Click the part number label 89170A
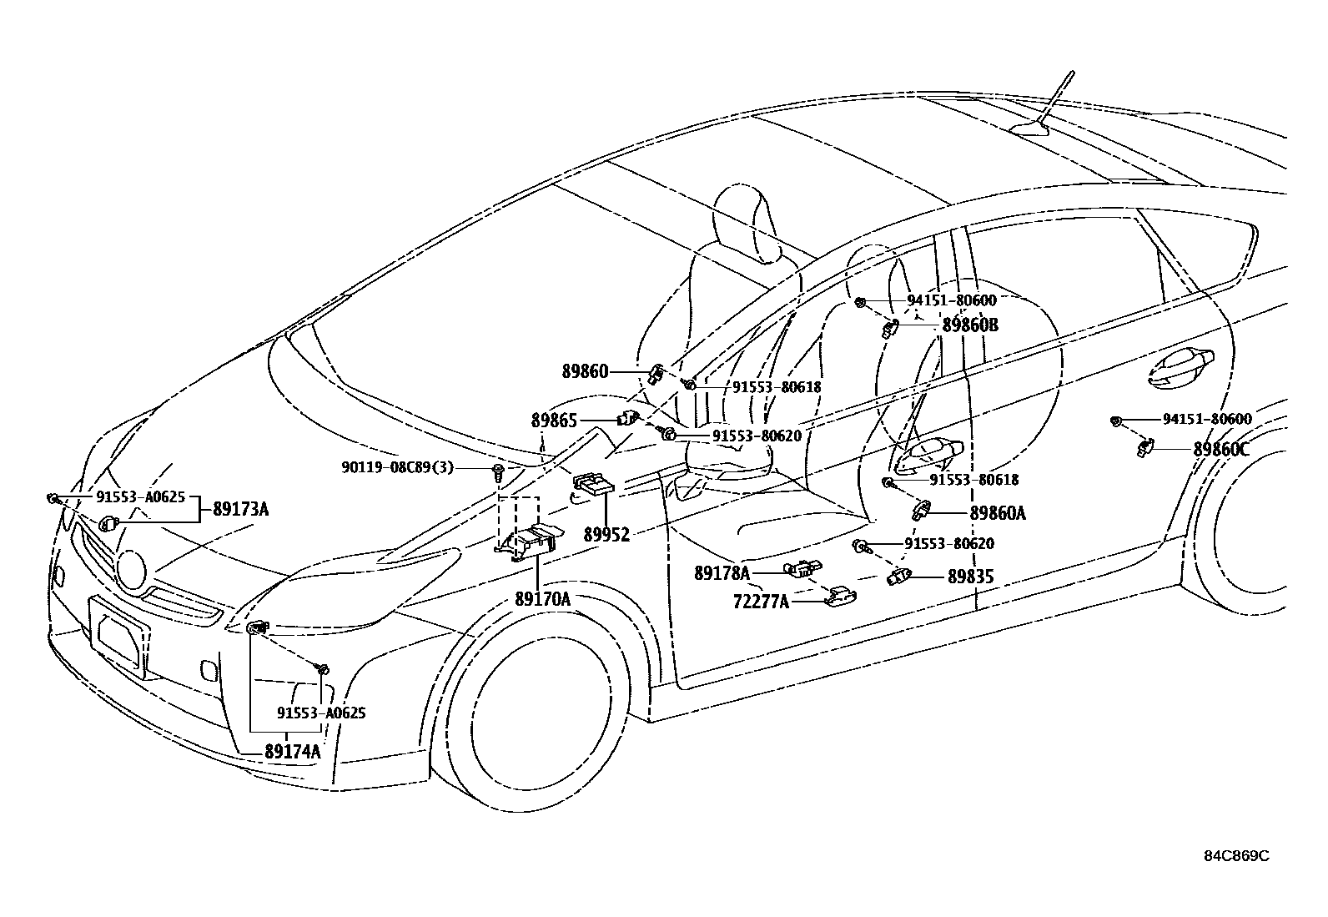tap(542, 598)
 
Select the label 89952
tap(606, 534)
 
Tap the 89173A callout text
tap(240, 508)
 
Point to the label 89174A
tap(292, 751)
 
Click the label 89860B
tap(969, 325)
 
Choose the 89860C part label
tap(1221, 449)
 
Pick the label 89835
tap(970, 576)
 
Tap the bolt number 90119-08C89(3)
tap(397, 467)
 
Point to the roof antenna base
tap(1033, 127)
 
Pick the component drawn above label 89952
tap(592, 485)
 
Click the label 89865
tap(554, 421)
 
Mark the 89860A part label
tap(998, 513)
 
